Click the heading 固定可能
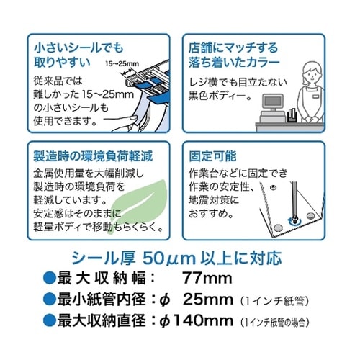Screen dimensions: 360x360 point(212,156)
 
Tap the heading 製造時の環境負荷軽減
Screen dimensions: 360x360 point(93,156)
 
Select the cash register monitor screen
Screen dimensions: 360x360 point(272,101)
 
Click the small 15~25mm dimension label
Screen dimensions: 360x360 point(122,64)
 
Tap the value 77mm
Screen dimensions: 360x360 point(207,279)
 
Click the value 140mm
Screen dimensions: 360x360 point(203,320)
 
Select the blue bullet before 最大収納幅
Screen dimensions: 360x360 point(49,279)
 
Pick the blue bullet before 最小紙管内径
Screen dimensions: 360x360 point(49,300)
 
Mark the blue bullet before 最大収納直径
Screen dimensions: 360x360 point(49,320)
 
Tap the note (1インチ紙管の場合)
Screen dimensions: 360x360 point(274,322)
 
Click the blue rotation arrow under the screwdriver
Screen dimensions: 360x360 point(294,221)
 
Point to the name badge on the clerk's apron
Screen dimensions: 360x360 point(316,96)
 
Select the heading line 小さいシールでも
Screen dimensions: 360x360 point(78,48)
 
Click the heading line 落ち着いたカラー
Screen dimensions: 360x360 point(234,62)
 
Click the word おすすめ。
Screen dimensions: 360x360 point(211,213)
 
